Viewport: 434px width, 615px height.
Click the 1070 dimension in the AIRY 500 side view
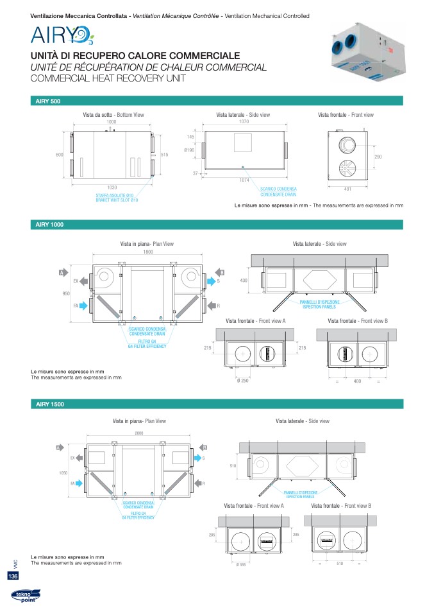click(244, 121)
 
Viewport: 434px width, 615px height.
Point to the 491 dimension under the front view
click(347, 188)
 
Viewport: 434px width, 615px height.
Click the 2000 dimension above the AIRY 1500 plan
click(138, 433)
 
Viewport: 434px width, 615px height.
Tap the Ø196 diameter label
click(189, 150)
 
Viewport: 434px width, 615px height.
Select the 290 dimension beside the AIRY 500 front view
click(378, 157)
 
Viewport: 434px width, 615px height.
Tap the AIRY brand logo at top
click(62, 35)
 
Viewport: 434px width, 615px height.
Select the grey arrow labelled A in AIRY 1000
click(63, 273)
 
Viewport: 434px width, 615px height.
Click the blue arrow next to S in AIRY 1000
click(210, 281)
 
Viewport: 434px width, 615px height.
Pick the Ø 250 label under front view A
click(243, 381)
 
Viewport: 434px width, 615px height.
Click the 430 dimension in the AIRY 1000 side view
click(244, 281)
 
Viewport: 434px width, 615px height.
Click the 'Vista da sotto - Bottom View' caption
click(113, 114)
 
